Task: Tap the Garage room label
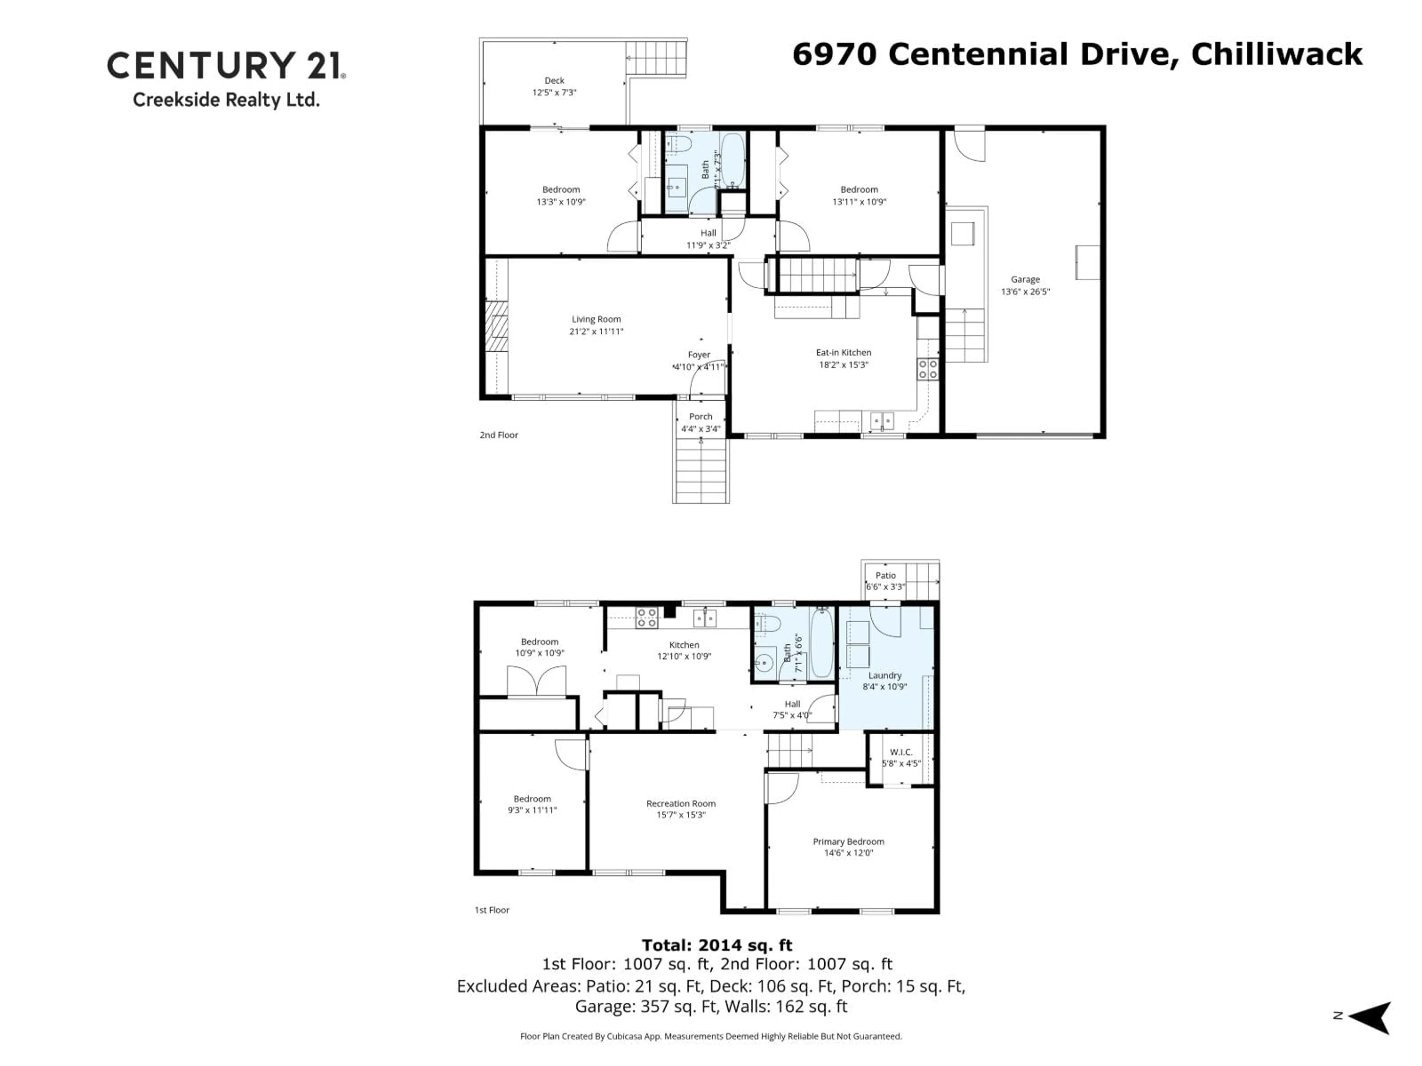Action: [x=1025, y=279]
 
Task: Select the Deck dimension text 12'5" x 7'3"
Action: [x=554, y=93]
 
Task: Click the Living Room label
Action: [x=596, y=319]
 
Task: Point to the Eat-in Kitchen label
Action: [x=844, y=353]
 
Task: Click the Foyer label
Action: [x=699, y=355]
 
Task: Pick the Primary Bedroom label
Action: [x=848, y=842]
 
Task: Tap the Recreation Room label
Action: [x=681, y=804]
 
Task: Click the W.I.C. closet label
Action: [x=901, y=752]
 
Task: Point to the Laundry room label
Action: [x=885, y=676]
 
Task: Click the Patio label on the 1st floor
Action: [x=885, y=576]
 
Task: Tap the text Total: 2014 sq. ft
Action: [x=717, y=945]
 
